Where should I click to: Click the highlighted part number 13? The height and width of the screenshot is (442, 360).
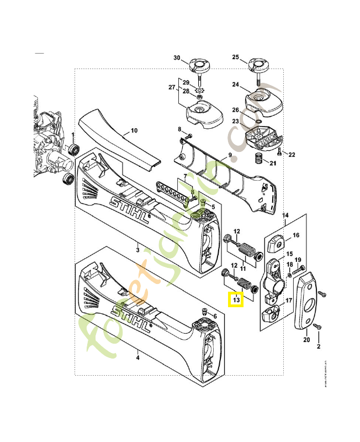pyautogui.click(x=236, y=300)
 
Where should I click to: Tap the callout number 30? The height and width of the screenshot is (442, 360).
pyautogui.click(x=177, y=57)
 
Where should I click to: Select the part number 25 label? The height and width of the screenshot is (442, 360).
pyautogui.click(x=235, y=57)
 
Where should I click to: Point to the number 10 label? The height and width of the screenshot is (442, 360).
pyautogui.click(x=134, y=131)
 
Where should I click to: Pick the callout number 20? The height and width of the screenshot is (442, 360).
pyautogui.click(x=306, y=341)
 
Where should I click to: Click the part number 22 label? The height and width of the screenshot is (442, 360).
pyautogui.click(x=292, y=154)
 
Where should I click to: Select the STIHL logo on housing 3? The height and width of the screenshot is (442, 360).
pyautogui.click(x=130, y=209)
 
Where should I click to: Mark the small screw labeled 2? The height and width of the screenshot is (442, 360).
pyautogui.click(x=317, y=328)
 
